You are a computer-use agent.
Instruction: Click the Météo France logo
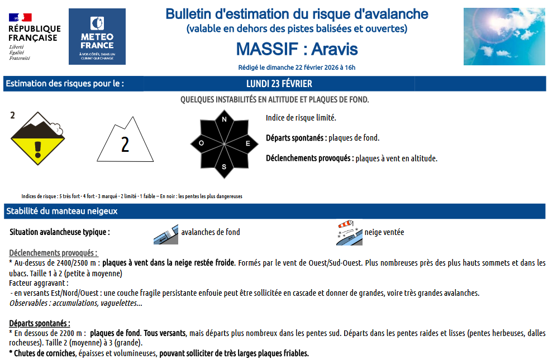click(x=97, y=36)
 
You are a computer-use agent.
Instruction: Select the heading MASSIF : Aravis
click(x=297, y=49)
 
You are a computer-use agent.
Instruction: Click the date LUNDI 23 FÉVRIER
click(x=279, y=84)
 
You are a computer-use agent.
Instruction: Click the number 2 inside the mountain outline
click(x=125, y=145)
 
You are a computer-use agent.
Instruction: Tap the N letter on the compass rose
click(x=225, y=119)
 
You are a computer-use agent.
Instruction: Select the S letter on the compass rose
click(x=225, y=167)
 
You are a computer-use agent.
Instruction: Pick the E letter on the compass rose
click(x=248, y=143)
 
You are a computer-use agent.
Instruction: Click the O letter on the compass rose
click(x=201, y=143)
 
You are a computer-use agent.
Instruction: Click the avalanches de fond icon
click(x=166, y=234)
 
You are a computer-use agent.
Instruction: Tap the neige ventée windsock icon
click(x=349, y=233)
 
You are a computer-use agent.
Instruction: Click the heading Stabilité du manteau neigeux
click(x=61, y=212)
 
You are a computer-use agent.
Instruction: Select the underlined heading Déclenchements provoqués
click(x=53, y=253)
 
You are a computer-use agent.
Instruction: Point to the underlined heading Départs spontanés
click(x=40, y=323)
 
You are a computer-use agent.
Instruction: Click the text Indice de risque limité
click(x=301, y=118)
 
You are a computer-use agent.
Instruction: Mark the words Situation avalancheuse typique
click(x=60, y=232)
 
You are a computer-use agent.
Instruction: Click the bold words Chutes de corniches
click(x=42, y=353)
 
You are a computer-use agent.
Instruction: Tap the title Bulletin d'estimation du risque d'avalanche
click(x=297, y=14)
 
